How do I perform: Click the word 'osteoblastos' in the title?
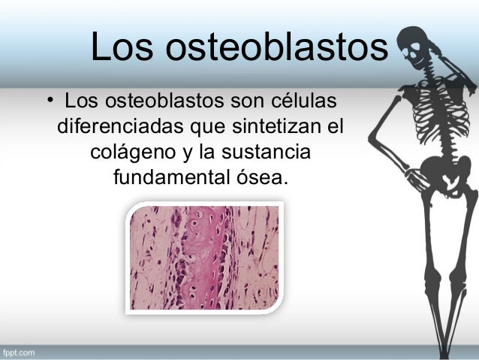pyautogui.click(x=282, y=50)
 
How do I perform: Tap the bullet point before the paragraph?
pyautogui.click(x=50, y=100)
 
